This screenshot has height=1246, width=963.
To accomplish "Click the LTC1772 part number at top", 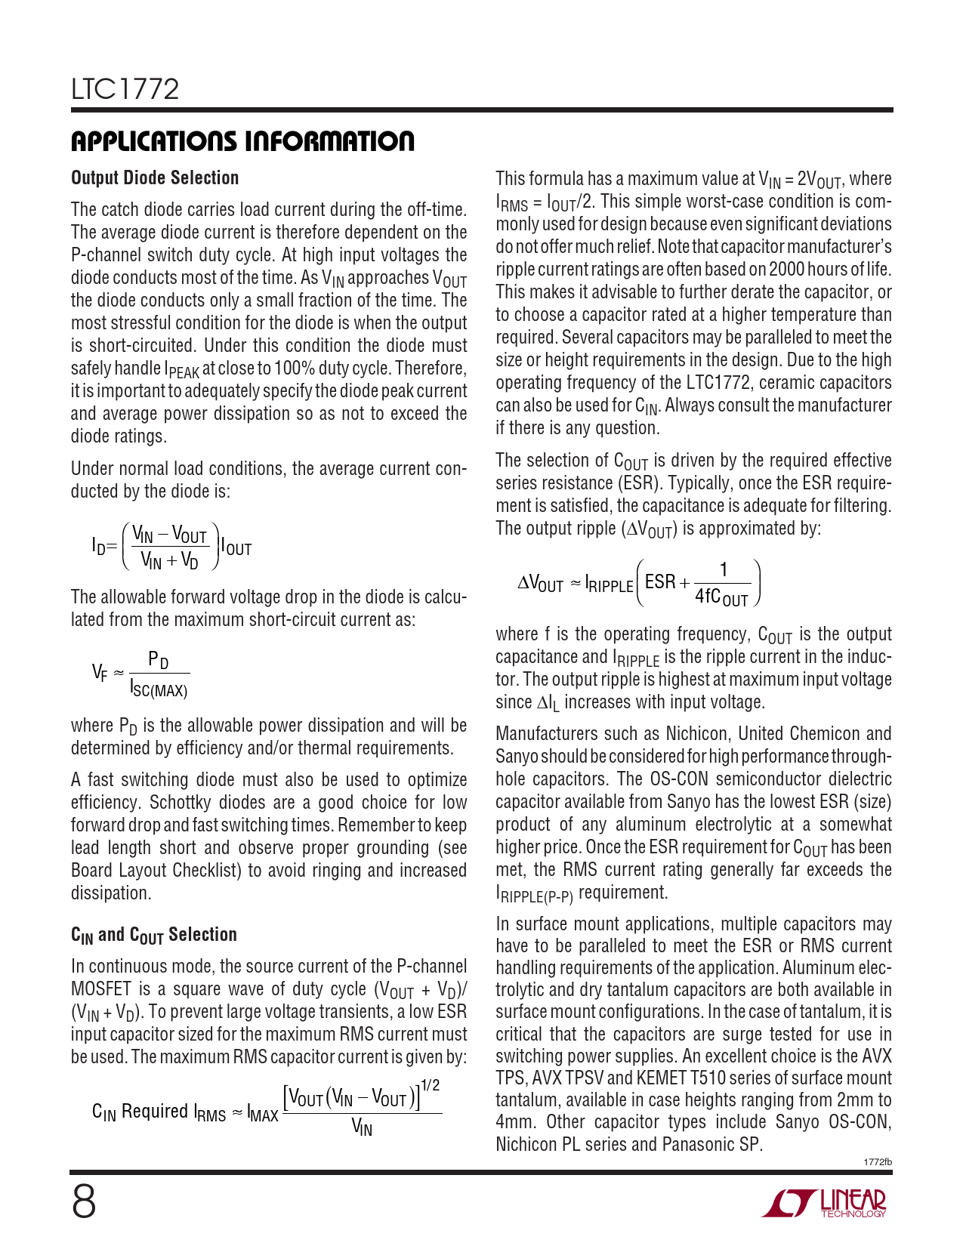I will (x=125, y=90).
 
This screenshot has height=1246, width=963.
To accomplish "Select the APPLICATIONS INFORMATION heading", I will (x=242, y=141).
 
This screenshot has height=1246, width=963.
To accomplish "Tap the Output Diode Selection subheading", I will (x=155, y=178).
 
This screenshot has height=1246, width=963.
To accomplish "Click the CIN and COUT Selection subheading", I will (x=154, y=935).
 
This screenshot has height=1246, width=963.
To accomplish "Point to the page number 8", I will (x=84, y=1202).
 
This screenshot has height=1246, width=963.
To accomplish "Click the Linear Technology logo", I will (x=825, y=1204).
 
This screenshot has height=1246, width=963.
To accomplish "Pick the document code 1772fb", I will (x=877, y=1162).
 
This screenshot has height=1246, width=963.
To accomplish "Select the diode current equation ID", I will (x=171, y=546).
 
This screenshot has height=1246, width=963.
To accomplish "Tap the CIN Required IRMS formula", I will (x=266, y=1111).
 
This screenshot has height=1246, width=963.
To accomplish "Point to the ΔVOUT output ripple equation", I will (x=639, y=584).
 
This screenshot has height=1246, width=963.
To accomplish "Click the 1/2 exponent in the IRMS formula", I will (x=430, y=1086).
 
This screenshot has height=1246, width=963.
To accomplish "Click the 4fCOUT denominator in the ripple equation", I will (x=721, y=597).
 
